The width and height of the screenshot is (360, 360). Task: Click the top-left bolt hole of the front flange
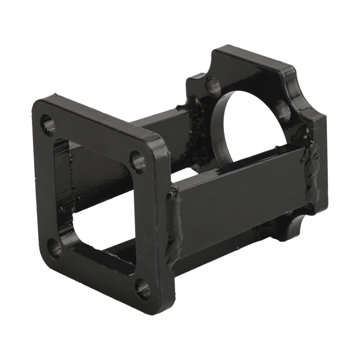(x=48, y=125)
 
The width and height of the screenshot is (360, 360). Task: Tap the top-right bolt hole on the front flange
(x=138, y=161)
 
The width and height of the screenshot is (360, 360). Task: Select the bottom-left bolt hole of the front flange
(x=54, y=247)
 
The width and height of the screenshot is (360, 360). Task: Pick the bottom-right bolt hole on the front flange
(x=142, y=288)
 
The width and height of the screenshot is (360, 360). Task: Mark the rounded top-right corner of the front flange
(x=157, y=142)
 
